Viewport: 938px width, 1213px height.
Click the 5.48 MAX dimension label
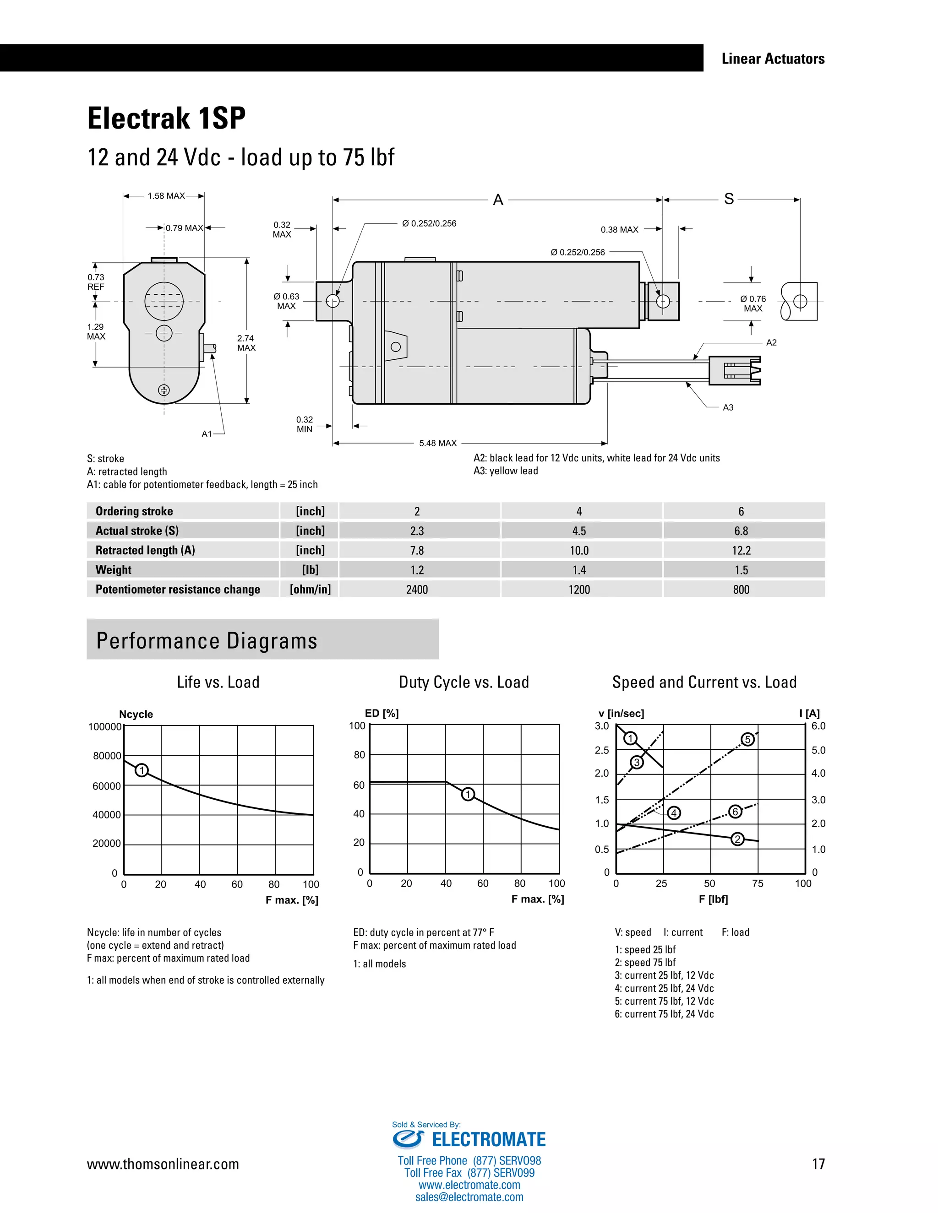click(x=438, y=443)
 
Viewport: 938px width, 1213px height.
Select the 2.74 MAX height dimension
click(x=246, y=343)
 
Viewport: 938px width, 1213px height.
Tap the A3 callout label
click(x=728, y=408)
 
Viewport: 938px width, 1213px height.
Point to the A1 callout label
click(x=207, y=434)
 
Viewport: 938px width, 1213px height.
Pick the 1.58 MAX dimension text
click(x=166, y=196)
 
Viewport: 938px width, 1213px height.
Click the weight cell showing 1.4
click(x=579, y=570)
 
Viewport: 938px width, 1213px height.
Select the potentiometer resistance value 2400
click(x=417, y=589)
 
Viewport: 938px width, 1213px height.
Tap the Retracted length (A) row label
click(x=145, y=550)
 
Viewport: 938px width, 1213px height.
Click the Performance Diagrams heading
click(x=207, y=641)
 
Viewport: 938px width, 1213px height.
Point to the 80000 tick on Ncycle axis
click(x=107, y=756)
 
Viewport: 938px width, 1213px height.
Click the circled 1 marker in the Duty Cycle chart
click(x=468, y=794)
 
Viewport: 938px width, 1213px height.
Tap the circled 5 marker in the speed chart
click(x=748, y=739)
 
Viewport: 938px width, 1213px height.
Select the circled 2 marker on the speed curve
click(x=737, y=839)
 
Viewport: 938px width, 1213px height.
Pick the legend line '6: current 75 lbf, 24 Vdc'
click(x=664, y=1013)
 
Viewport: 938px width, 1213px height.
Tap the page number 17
click(x=818, y=1164)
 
